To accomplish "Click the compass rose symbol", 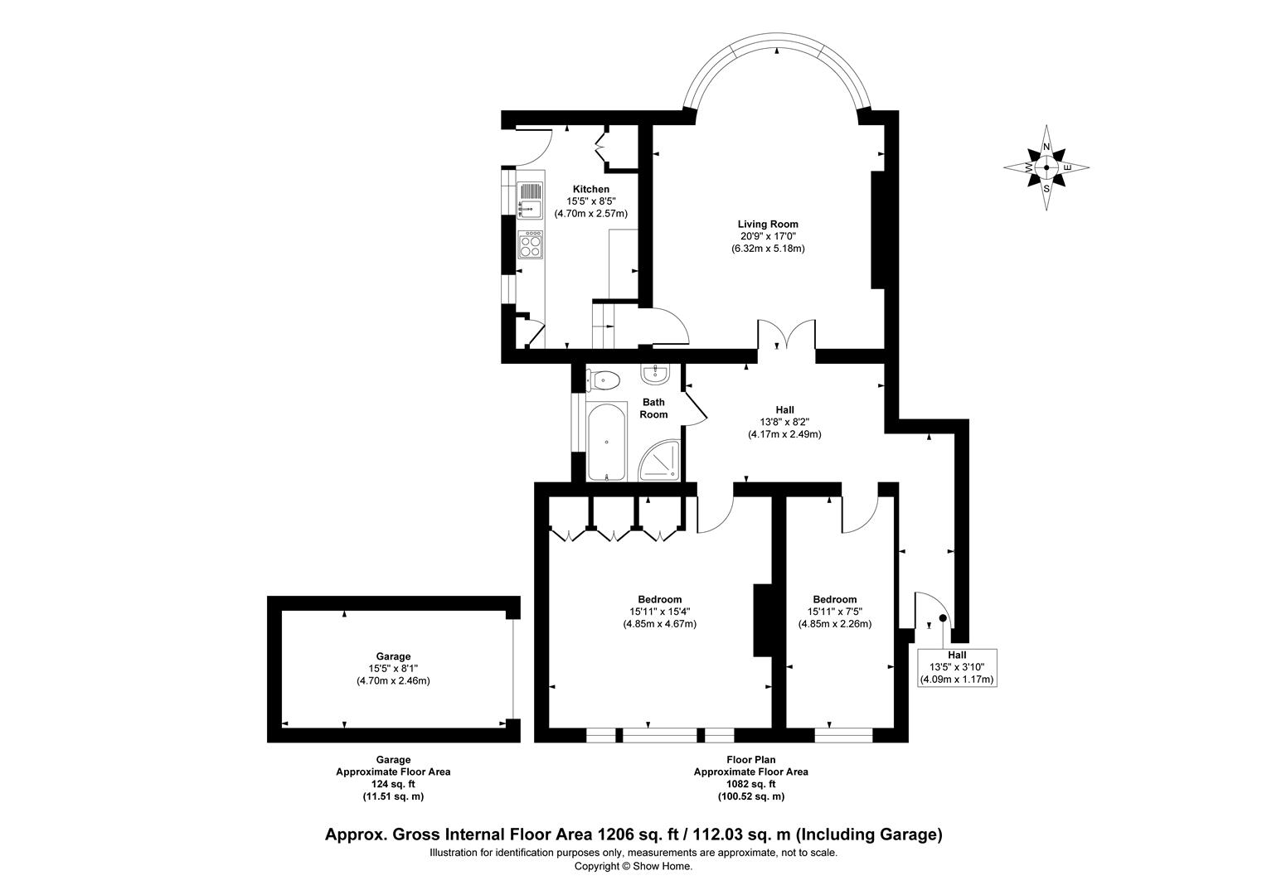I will click(1046, 168).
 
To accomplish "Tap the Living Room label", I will click(768, 224).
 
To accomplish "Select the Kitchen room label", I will click(590, 190).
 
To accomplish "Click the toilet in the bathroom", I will click(604, 381).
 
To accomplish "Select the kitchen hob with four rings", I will click(530, 244).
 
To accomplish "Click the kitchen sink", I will click(529, 200).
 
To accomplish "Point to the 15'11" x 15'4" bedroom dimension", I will click(659, 612).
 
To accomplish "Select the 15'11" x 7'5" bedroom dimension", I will click(834, 612).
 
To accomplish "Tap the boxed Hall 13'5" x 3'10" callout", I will click(957, 667).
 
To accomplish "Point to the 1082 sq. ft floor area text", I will click(750, 784).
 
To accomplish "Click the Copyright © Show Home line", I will click(633, 866).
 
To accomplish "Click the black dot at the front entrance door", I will click(942, 618).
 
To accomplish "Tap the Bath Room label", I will click(653, 409).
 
